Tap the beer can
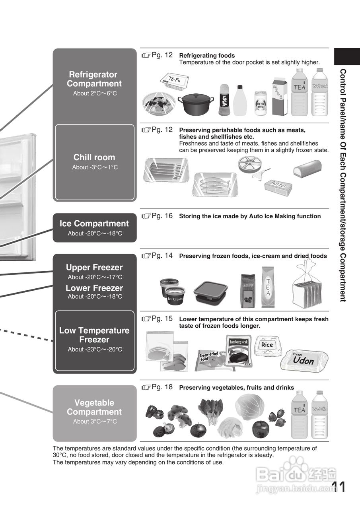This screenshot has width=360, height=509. [261, 103]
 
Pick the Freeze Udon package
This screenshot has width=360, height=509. [304, 360]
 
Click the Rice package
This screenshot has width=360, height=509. [268, 345]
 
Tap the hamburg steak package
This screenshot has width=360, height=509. [239, 350]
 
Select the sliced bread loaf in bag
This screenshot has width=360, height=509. [307, 286]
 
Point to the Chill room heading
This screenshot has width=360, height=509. [94, 157]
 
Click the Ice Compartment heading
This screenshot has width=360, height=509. [94, 223]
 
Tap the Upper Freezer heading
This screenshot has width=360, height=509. [94, 267]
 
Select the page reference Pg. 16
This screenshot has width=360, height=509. [158, 216]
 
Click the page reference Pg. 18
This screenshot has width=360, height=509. [158, 387]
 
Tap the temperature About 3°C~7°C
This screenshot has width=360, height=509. [95, 422]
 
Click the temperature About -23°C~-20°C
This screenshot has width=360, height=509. [95, 350]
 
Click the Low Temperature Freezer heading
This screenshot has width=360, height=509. [94, 335]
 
